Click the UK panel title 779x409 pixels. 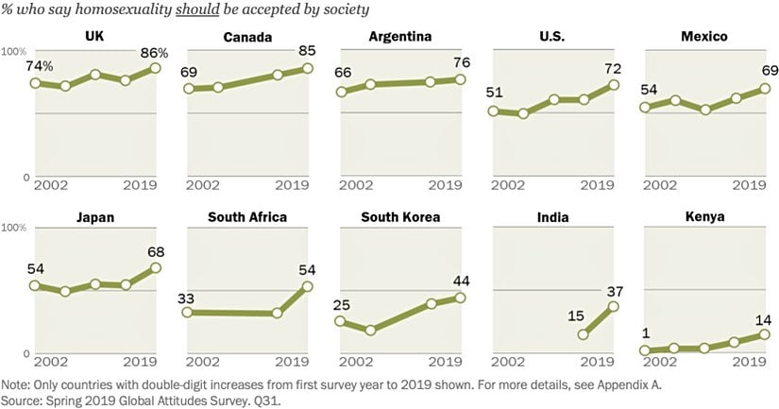point(93,37)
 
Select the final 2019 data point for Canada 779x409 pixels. point(307,68)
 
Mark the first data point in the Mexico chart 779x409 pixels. point(645,107)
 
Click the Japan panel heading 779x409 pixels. point(94,216)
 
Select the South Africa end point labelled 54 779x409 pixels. point(307,286)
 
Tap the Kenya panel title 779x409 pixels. point(706,216)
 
